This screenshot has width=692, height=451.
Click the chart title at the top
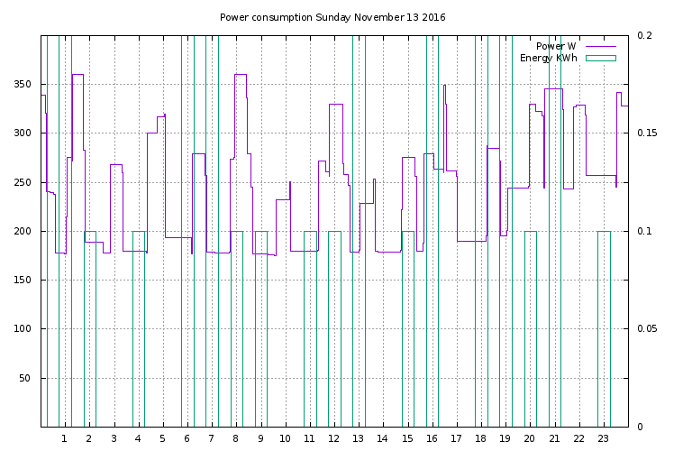(x=332, y=17)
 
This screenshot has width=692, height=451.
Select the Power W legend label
(x=556, y=46)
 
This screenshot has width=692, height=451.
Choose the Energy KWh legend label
(x=549, y=58)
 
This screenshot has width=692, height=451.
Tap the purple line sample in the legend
(x=600, y=46)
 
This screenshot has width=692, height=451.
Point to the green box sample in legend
(x=600, y=58)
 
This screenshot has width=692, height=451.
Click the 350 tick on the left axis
(x=25, y=85)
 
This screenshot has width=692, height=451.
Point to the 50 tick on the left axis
(x=28, y=378)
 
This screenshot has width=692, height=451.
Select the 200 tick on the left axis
(x=25, y=231)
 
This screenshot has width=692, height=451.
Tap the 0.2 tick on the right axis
(x=644, y=35)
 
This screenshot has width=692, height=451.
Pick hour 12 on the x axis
(x=333, y=438)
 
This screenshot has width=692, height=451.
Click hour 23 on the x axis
(x=603, y=438)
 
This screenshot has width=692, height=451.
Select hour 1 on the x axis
(x=64, y=438)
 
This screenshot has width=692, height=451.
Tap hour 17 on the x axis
(x=456, y=438)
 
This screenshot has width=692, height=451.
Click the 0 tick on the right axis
(x=639, y=427)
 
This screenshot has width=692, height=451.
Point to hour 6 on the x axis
(x=187, y=438)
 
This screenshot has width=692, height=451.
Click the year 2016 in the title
(x=433, y=17)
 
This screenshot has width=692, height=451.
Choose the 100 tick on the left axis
(x=25, y=329)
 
